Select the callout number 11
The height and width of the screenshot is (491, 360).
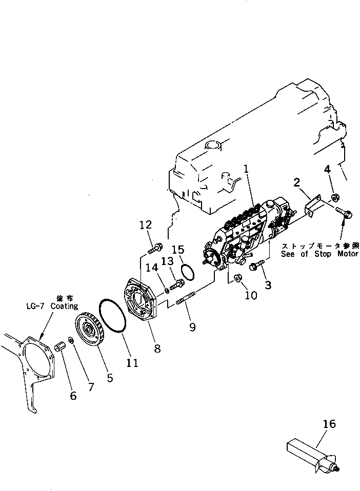pyautogui.click(x=132, y=363)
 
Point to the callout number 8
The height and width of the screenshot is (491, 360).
pyautogui.click(x=157, y=349)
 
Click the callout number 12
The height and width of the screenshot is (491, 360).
pyautogui.click(x=145, y=225)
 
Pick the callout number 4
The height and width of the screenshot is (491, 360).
pyautogui.click(x=327, y=169)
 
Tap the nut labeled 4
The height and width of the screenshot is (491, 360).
pyautogui.click(x=336, y=197)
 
